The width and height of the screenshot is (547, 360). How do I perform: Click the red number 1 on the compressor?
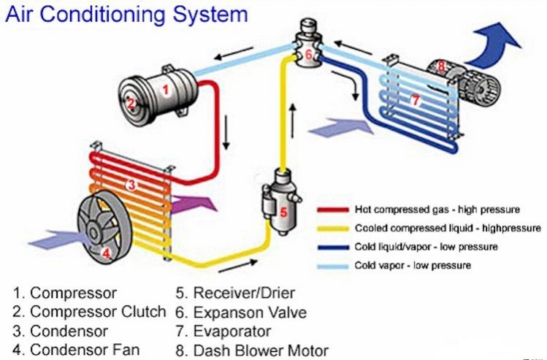click(166, 90)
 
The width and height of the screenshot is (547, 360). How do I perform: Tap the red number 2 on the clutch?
click(131, 104)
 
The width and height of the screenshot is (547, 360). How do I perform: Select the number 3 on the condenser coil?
click(131, 185)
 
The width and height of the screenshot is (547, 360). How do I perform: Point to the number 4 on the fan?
click(106, 253)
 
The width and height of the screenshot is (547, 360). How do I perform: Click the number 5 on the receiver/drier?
click(283, 212)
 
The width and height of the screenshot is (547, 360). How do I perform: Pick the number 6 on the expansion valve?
click(308, 55)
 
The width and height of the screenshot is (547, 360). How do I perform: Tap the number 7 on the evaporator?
click(415, 101)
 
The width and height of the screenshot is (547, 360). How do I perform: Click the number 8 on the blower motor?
click(441, 66)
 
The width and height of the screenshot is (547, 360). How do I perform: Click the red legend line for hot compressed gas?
click(333, 210)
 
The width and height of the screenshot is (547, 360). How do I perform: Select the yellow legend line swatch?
click(333, 229)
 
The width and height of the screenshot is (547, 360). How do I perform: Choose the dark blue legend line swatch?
click(333, 248)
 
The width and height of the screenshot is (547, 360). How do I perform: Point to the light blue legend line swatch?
click(333, 266)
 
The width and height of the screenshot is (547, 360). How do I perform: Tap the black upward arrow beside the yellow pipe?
click(293, 120)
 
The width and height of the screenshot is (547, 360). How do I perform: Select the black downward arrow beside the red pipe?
click(226, 133)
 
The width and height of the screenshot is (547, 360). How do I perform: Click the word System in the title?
click(210, 15)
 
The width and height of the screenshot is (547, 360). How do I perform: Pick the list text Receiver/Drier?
click(244, 293)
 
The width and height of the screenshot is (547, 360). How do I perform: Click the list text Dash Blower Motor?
click(261, 351)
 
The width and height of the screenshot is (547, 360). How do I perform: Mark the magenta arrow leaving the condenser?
click(194, 204)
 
